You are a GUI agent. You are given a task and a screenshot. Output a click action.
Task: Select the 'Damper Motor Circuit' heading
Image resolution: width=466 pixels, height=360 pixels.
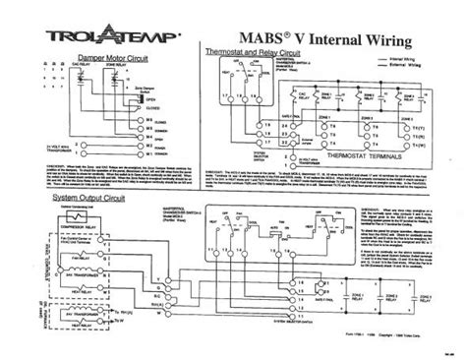[103, 60]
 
